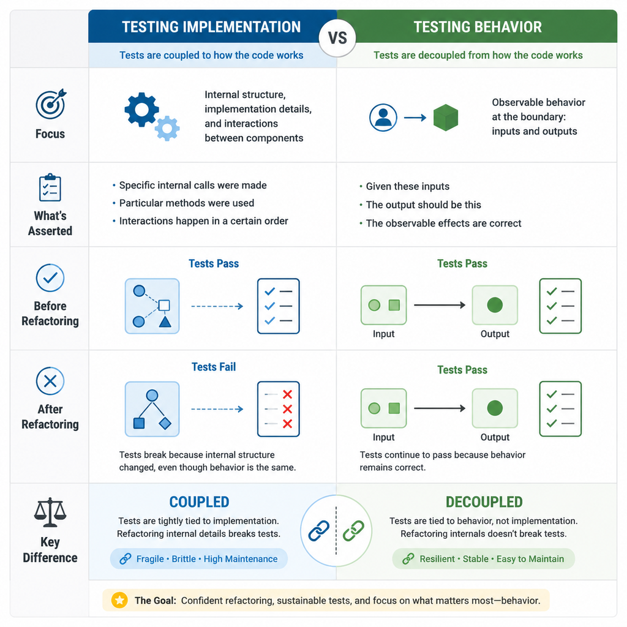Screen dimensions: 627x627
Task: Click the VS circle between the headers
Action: point(337,38)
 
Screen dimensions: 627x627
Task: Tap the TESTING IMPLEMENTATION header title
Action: point(211,27)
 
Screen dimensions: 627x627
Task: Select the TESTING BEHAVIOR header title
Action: point(478,27)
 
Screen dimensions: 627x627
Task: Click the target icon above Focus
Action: point(51,103)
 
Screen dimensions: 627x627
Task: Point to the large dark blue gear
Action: point(141,110)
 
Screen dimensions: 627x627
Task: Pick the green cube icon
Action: point(446,118)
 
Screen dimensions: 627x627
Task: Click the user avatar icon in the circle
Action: point(383,118)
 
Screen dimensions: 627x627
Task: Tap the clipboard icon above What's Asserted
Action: point(50,187)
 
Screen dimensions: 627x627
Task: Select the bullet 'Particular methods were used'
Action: point(187,203)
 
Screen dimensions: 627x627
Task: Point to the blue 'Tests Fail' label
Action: point(214,367)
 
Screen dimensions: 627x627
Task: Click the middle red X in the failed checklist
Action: point(287,409)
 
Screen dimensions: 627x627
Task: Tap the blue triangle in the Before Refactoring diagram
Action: point(165,321)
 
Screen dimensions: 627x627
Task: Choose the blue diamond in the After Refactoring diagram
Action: point(165,423)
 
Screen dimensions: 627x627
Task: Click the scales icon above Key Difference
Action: point(50,512)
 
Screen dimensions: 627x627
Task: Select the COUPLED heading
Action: point(199,502)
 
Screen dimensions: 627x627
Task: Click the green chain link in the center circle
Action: point(353,531)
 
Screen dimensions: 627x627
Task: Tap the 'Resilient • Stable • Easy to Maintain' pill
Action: point(484,558)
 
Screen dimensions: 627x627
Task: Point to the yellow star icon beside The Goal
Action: point(119,600)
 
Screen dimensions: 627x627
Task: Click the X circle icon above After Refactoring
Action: point(50,381)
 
